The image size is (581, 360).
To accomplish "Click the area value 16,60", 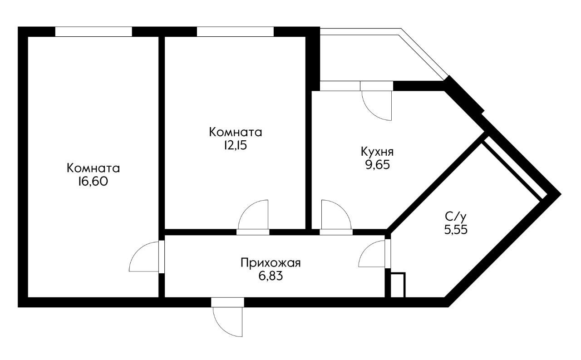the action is [93, 182].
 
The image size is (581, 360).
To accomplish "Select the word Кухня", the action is [377, 151].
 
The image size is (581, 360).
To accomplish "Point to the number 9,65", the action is [376, 164].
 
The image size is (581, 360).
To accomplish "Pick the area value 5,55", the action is [456, 229].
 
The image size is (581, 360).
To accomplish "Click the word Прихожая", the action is [271, 262].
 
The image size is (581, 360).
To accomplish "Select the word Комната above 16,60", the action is [93, 168].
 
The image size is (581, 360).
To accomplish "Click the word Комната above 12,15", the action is [235, 133].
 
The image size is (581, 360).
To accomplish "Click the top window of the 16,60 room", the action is [94, 31].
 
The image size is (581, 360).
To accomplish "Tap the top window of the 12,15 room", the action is [236, 31].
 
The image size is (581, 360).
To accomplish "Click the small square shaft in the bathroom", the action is [397, 285].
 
